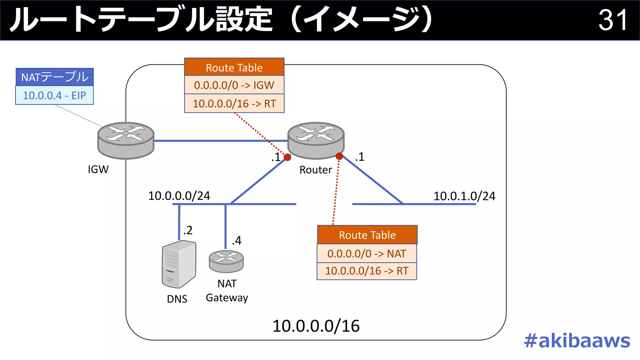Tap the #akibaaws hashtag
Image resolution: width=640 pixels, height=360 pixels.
pyautogui.click(x=577, y=341)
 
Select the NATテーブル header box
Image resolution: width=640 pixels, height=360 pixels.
pyautogui.click(x=55, y=77)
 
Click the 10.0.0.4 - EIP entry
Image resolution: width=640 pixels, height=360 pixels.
pyautogui.click(x=54, y=95)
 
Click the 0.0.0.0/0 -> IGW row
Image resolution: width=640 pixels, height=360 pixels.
pyautogui.click(x=234, y=85)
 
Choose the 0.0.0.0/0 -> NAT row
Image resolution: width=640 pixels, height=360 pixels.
pyautogui.click(x=367, y=253)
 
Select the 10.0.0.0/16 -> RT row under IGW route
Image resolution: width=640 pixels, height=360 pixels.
pyautogui.click(x=234, y=103)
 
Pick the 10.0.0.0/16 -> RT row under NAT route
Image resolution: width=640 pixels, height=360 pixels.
pyautogui.click(x=367, y=271)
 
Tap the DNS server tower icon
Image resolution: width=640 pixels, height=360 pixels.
pyautogui.click(x=179, y=264)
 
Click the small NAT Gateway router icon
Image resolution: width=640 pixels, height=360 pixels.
pyautogui.click(x=226, y=261)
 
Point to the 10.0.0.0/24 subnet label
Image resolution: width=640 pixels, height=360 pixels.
pyautogui.click(x=179, y=196)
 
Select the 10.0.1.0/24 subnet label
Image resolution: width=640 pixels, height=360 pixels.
pyautogui.click(x=464, y=196)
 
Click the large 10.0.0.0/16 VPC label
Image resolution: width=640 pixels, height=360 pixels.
pyautogui.click(x=316, y=326)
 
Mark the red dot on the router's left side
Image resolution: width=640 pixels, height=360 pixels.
pyautogui.click(x=287, y=157)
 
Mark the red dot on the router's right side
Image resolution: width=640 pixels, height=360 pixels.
pyautogui.click(x=339, y=156)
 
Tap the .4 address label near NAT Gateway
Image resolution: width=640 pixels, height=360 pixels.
pyautogui.click(x=237, y=241)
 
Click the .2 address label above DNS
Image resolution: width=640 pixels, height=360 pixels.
pyautogui.click(x=188, y=230)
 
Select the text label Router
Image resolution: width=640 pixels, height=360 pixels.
pyautogui.click(x=316, y=170)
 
